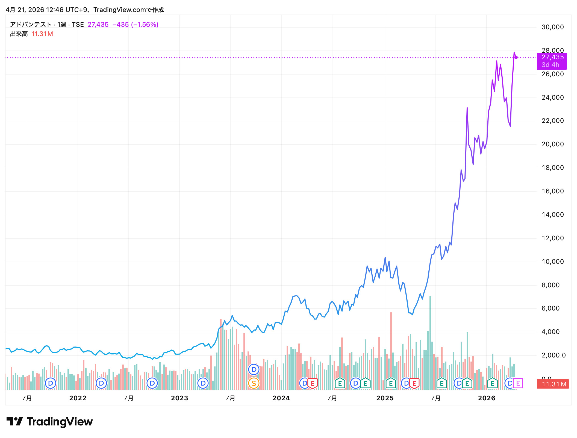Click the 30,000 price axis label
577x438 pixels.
552,27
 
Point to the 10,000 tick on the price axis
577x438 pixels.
552,262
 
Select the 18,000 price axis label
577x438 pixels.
552,168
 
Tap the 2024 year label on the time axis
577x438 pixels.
281,398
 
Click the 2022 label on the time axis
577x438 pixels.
78,398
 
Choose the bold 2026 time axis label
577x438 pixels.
487,398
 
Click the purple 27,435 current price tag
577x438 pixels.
552,61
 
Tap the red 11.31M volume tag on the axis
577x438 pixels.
553,384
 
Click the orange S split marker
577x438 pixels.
254,383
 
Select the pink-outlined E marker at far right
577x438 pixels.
518,383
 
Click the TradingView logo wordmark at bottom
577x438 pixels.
60,422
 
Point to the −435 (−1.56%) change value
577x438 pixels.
136,25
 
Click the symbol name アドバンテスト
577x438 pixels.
31,25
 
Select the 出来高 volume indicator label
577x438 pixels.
19,34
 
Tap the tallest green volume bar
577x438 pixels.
430,343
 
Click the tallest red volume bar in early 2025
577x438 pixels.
391,351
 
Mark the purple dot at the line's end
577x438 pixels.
516,57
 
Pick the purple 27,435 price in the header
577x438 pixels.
98,25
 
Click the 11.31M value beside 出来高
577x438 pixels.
42,34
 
